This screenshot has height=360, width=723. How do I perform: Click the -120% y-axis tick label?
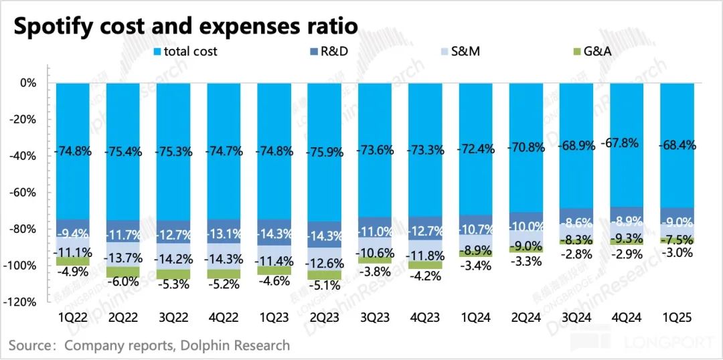23,302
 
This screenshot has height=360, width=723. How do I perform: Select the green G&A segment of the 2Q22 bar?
123,272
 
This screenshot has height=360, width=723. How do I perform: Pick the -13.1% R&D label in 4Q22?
224,234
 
